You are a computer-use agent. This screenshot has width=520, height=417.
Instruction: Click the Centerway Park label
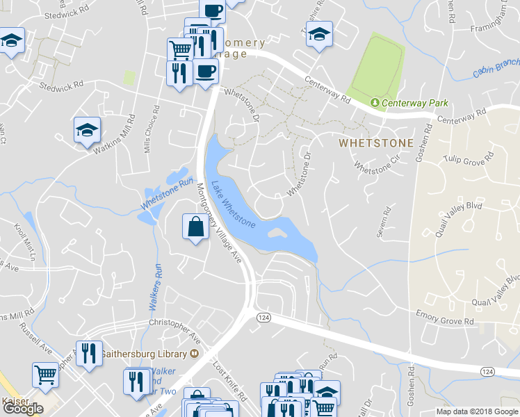[x=415, y=104]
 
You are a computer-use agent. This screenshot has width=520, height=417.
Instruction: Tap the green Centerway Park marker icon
[x=376, y=103]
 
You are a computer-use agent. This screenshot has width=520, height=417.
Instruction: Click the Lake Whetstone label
[x=233, y=204]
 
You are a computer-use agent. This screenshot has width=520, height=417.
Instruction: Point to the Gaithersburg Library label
[x=144, y=354]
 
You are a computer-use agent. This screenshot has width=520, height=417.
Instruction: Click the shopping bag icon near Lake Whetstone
[x=196, y=227]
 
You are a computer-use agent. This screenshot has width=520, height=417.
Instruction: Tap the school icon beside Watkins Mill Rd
[x=88, y=129]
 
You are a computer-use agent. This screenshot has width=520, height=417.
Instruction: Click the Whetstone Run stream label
[x=167, y=195]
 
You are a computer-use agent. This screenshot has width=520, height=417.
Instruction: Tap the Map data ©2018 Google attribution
[x=477, y=411]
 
